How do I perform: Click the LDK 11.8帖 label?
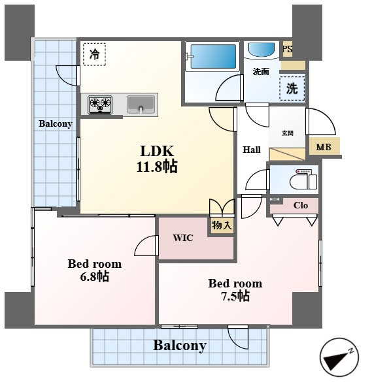pos(157,159)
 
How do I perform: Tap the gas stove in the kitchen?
pos(100,105)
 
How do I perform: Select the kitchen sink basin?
pos(141,105)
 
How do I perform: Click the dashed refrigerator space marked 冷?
pos(94,54)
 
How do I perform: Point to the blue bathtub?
pos(213,56)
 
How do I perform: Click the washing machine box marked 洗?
pos(292,88)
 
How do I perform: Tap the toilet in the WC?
pos(303,179)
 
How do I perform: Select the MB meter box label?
pos(324,147)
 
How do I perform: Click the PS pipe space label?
pos(288,49)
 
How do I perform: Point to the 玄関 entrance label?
pos(288,133)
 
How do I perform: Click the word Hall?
pos(252,150)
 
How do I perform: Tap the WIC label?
pos(183,238)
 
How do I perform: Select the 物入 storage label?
pos(222,225)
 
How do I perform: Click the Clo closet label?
pos(301,205)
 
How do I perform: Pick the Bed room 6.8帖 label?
pos(95,270)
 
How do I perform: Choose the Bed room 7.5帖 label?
pos(235,290)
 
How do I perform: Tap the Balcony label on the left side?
pos(56,123)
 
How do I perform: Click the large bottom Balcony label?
pos(180,346)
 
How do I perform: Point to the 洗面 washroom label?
pos(261,72)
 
